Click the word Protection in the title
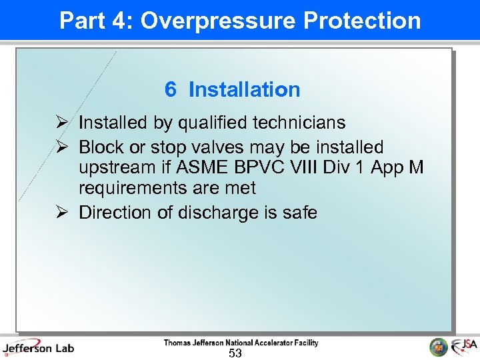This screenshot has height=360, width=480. [x=362, y=21]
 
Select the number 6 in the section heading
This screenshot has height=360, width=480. [x=171, y=89]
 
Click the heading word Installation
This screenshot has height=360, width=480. [x=245, y=89]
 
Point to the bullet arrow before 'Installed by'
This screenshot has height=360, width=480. [x=61, y=123]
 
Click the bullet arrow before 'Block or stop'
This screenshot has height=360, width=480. [x=61, y=147]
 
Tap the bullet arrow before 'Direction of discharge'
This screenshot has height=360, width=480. [x=61, y=213]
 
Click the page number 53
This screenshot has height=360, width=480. [x=235, y=353]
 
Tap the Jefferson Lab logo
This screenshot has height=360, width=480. [x=38, y=348]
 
